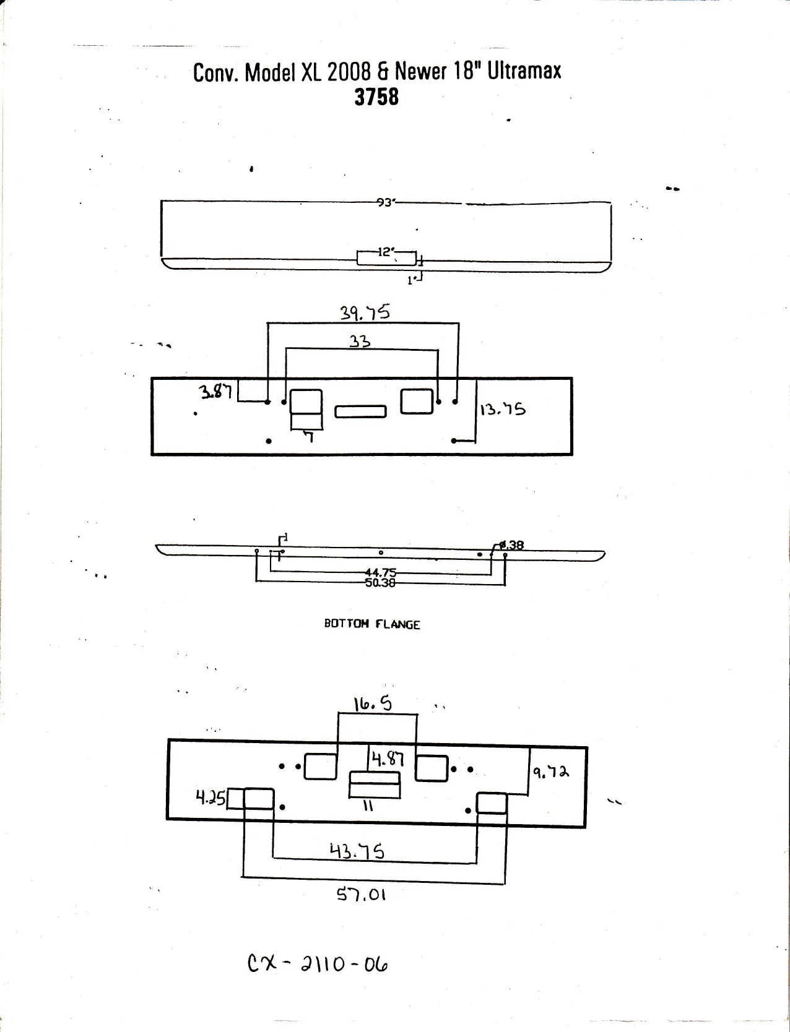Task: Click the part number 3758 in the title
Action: [x=376, y=97]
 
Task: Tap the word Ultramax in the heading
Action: [x=524, y=71]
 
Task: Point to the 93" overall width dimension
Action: [x=385, y=202]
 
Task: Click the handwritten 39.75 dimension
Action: [x=365, y=312]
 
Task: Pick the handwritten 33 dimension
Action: [x=360, y=341]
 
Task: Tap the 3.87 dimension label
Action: [x=215, y=391]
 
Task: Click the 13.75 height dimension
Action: [x=503, y=410]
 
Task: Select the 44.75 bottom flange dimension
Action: [x=381, y=572]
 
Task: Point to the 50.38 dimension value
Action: [x=381, y=583]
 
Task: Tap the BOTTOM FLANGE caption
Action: [x=371, y=624]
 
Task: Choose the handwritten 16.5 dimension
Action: [x=373, y=704]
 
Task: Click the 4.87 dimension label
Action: [x=388, y=759]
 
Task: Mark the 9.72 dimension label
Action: [x=550, y=772]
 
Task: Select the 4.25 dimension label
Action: [x=211, y=798]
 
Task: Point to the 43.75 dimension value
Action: [x=357, y=851]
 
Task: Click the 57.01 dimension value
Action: [x=362, y=894]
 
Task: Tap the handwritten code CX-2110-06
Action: [x=318, y=965]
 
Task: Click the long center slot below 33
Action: [x=360, y=411]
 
